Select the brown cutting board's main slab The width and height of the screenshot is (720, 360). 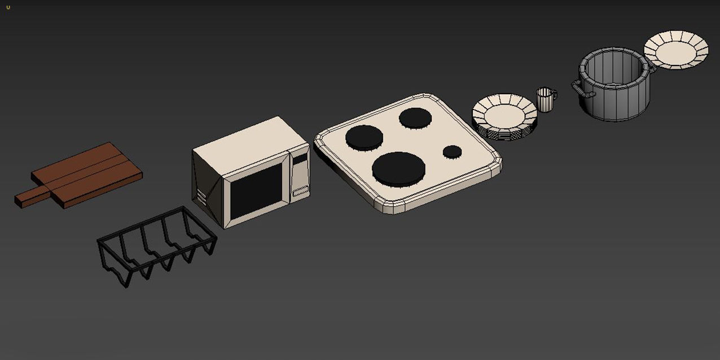(90, 173)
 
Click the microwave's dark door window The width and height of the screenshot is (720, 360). (257, 191)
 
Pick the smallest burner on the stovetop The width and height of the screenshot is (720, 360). (452, 151)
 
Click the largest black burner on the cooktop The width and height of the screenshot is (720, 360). (398, 168)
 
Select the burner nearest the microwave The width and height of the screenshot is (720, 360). (364, 137)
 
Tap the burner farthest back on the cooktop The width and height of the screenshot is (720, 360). (415, 117)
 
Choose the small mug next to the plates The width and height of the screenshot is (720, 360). (544, 100)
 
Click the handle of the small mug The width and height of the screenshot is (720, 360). (554, 95)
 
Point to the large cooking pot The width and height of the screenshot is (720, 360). (614, 85)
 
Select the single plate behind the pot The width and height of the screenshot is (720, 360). (676, 50)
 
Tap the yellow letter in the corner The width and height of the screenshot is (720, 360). (8, 7)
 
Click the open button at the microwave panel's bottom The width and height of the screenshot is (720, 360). (301, 191)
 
